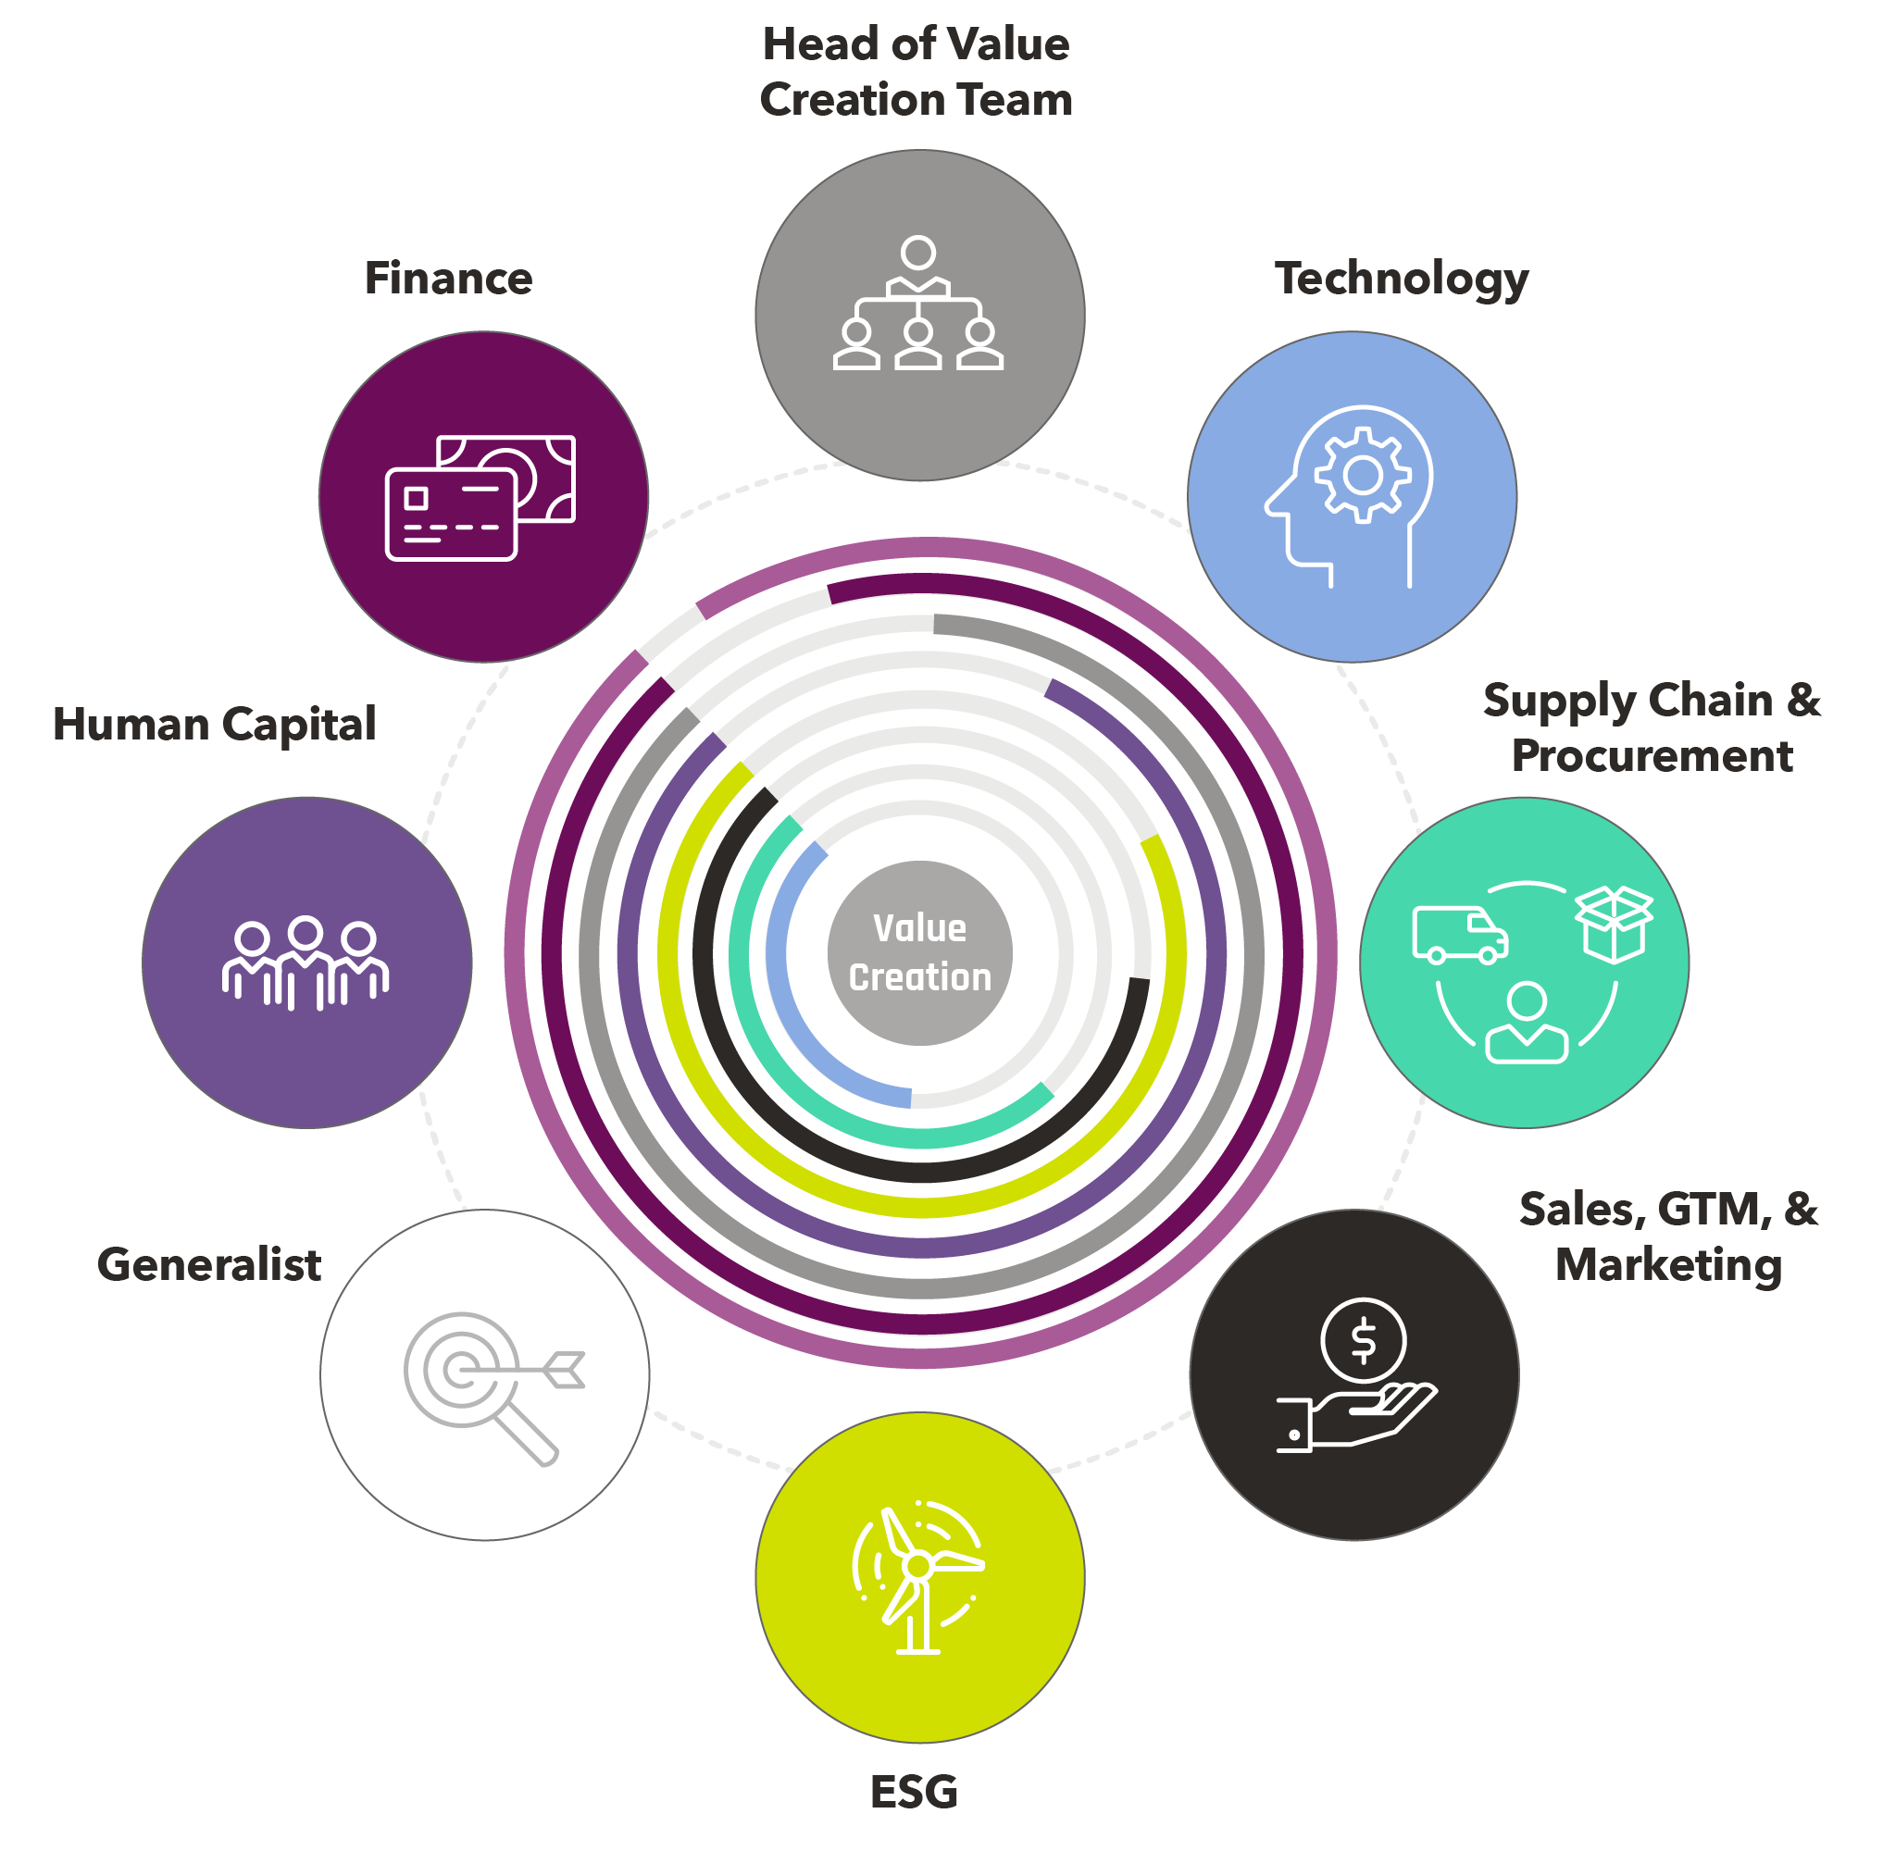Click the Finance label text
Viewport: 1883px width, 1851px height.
pyautogui.click(x=447, y=278)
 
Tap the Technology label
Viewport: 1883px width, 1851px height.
pyautogui.click(x=1401, y=279)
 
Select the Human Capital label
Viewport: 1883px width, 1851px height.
pyautogui.click(x=214, y=725)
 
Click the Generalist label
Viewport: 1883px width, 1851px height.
pyautogui.click(x=209, y=1264)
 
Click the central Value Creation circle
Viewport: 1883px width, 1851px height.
pyautogui.click(x=919, y=952)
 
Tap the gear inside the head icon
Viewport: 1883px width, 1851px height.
pyautogui.click(x=1362, y=475)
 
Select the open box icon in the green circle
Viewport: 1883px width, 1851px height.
pyautogui.click(x=1614, y=924)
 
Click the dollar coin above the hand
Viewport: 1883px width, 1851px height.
pyautogui.click(x=1363, y=1339)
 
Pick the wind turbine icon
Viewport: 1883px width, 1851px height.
pyautogui.click(x=918, y=1576)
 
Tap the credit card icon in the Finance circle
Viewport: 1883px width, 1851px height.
pyautogui.click(x=450, y=515)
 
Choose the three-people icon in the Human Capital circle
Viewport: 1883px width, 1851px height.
pyautogui.click(x=306, y=963)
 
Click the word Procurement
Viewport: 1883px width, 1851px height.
pyautogui.click(x=1651, y=756)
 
